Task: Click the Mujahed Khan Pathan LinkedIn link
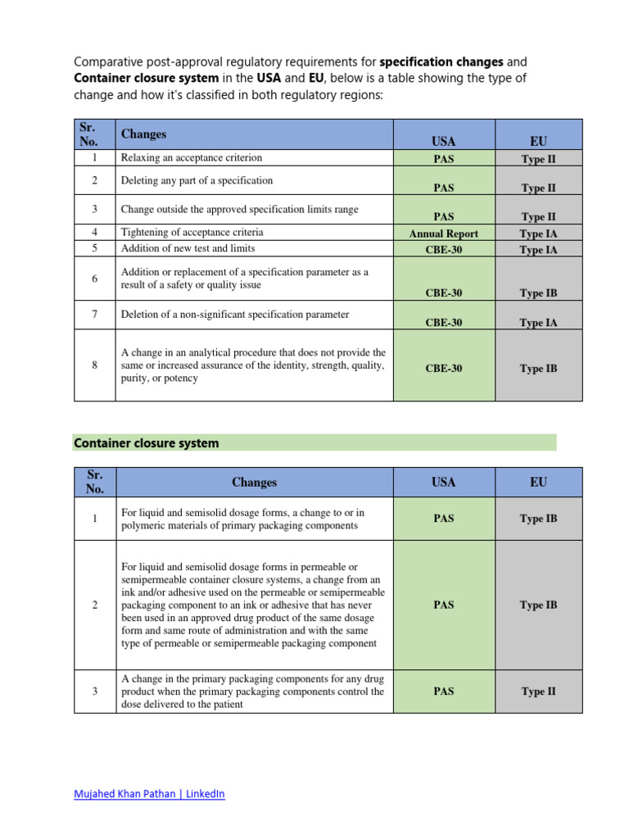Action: point(149,794)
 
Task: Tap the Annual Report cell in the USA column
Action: point(444,234)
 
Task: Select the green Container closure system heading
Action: point(147,443)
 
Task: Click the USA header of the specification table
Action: point(444,142)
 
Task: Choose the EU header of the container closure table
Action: point(538,483)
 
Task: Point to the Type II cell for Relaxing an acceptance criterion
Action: point(538,159)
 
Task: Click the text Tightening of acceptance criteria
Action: point(192,233)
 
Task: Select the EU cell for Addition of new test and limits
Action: point(538,250)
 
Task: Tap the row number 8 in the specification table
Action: point(95,365)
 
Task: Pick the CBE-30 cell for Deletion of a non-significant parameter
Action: point(444,323)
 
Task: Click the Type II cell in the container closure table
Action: point(538,692)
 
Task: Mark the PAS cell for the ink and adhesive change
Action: point(444,605)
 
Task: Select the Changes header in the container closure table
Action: point(254,483)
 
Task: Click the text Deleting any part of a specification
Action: point(197,180)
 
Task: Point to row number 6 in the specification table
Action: point(95,279)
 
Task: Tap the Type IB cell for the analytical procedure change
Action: point(538,369)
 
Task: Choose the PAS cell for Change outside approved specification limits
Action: point(444,217)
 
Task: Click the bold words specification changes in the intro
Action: point(441,61)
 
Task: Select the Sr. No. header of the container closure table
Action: point(95,483)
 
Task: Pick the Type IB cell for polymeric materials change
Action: point(538,519)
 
